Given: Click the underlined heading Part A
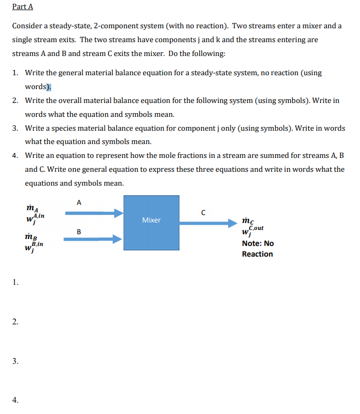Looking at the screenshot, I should (x=22, y=7).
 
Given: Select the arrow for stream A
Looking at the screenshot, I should (x=94, y=213).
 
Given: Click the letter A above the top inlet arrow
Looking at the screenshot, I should (x=80, y=202).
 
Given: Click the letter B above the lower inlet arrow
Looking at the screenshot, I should (x=79, y=232).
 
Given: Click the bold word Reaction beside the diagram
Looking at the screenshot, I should (x=257, y=254).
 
